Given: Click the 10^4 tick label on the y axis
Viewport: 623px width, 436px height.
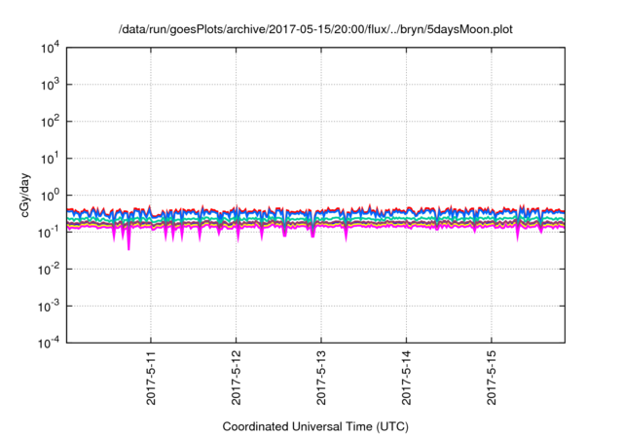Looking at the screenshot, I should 49,48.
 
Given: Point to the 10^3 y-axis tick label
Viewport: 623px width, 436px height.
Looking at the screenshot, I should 49,85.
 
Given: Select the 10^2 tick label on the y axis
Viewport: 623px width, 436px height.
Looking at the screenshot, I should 49,122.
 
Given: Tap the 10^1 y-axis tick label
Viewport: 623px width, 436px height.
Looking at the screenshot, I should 49,158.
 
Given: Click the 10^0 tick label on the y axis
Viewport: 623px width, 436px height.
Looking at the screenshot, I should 49,195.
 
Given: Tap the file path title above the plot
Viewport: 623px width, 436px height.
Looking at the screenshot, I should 315,30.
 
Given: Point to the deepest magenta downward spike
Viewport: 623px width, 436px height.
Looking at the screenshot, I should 128,247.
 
